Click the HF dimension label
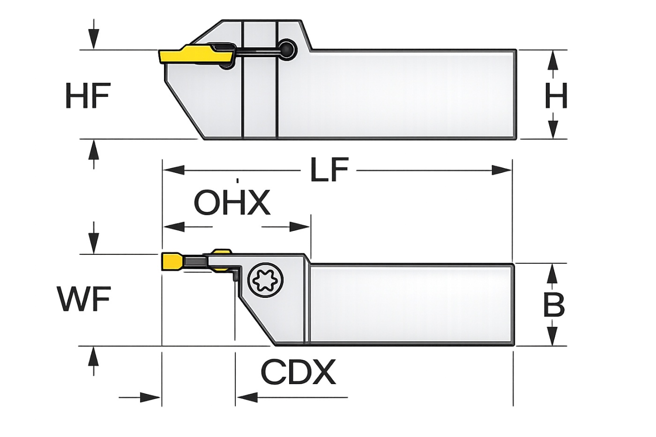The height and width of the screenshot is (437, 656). (x=88, y=96)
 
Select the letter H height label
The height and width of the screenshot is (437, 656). (x=556, y=96)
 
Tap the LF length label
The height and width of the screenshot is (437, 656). (x=329, y=170)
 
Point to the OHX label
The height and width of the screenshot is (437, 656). (x=232, y=202)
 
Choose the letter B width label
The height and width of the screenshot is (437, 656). (x=554, y=305)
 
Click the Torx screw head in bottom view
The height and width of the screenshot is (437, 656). (x=266, y=281)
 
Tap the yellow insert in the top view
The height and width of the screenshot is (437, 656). (x=196, y=57)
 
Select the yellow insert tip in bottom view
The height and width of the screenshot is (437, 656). (x=171, y=262)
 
